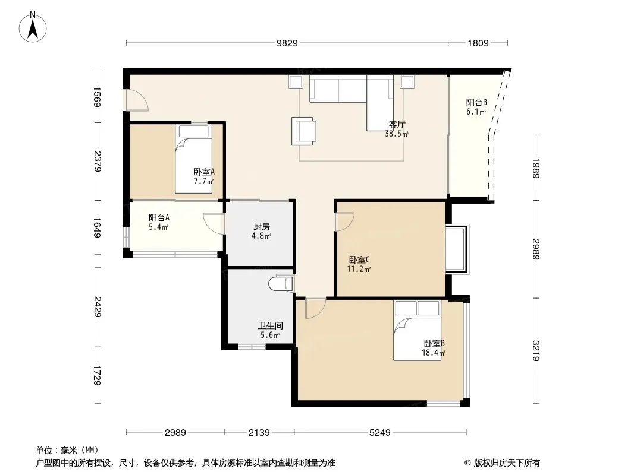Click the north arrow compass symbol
[33, 27]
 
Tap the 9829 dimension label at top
[287, 43]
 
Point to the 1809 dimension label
[478, 43]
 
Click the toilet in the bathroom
[281, 283]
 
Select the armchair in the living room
[304, 131]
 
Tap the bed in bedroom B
[418, 330]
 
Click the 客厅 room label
[397, 124]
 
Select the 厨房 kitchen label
[262, 227]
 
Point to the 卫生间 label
[271, 325]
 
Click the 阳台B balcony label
[476, 103]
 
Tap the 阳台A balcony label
[159, 217]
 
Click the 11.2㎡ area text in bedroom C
[359, 269]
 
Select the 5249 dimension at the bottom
[380, 433]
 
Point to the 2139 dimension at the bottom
[259, 433]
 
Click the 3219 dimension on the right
[536, 350]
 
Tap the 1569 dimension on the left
[97, 97]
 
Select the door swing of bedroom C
[345, 221]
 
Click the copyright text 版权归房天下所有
[507, 463]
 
